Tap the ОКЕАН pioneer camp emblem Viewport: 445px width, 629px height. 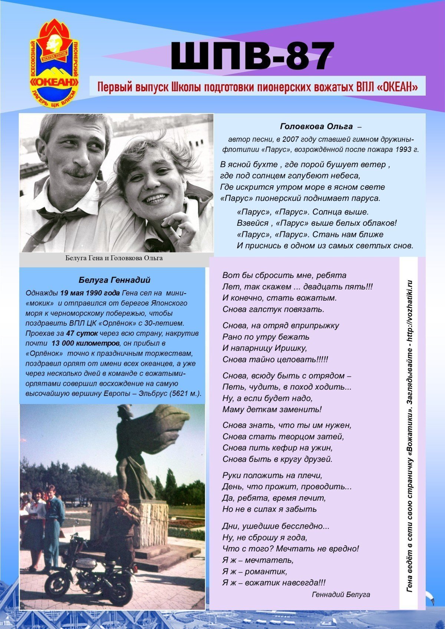point(55,63)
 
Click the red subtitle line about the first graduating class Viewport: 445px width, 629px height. point(257,86)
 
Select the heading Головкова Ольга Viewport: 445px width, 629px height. point(316,126)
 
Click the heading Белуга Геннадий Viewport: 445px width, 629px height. point(115,280)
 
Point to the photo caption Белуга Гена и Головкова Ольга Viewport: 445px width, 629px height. point(114,258)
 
